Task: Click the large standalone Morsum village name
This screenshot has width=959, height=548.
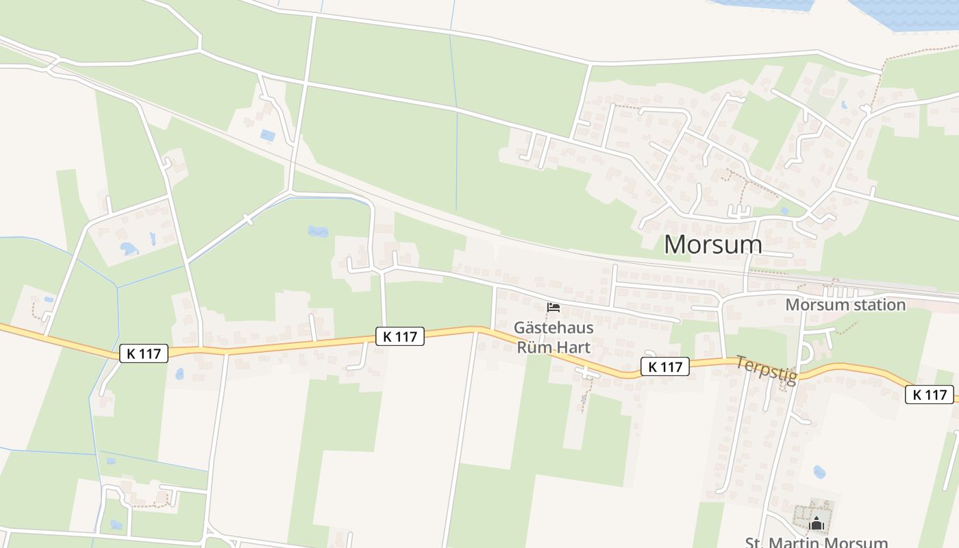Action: click(712, 245)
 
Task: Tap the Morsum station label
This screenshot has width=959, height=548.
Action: click(845, 305)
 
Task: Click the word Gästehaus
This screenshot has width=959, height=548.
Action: click(553, 327)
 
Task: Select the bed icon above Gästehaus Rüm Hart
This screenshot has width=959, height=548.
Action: click(553, 308)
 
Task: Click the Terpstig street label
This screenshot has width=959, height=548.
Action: click(767, 370)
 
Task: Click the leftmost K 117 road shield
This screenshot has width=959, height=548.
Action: click(144, 353)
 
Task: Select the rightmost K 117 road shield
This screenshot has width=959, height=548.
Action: click(930, 395)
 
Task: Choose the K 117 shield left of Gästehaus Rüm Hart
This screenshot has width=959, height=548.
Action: click(400, 336)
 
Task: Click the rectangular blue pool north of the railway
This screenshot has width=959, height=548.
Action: click(267, 136)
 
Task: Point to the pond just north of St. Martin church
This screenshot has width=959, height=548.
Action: click(819, 472)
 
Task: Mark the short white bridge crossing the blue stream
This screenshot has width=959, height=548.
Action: click(248, 220)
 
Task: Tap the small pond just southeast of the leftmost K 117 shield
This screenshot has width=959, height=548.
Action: click(179, 374)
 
